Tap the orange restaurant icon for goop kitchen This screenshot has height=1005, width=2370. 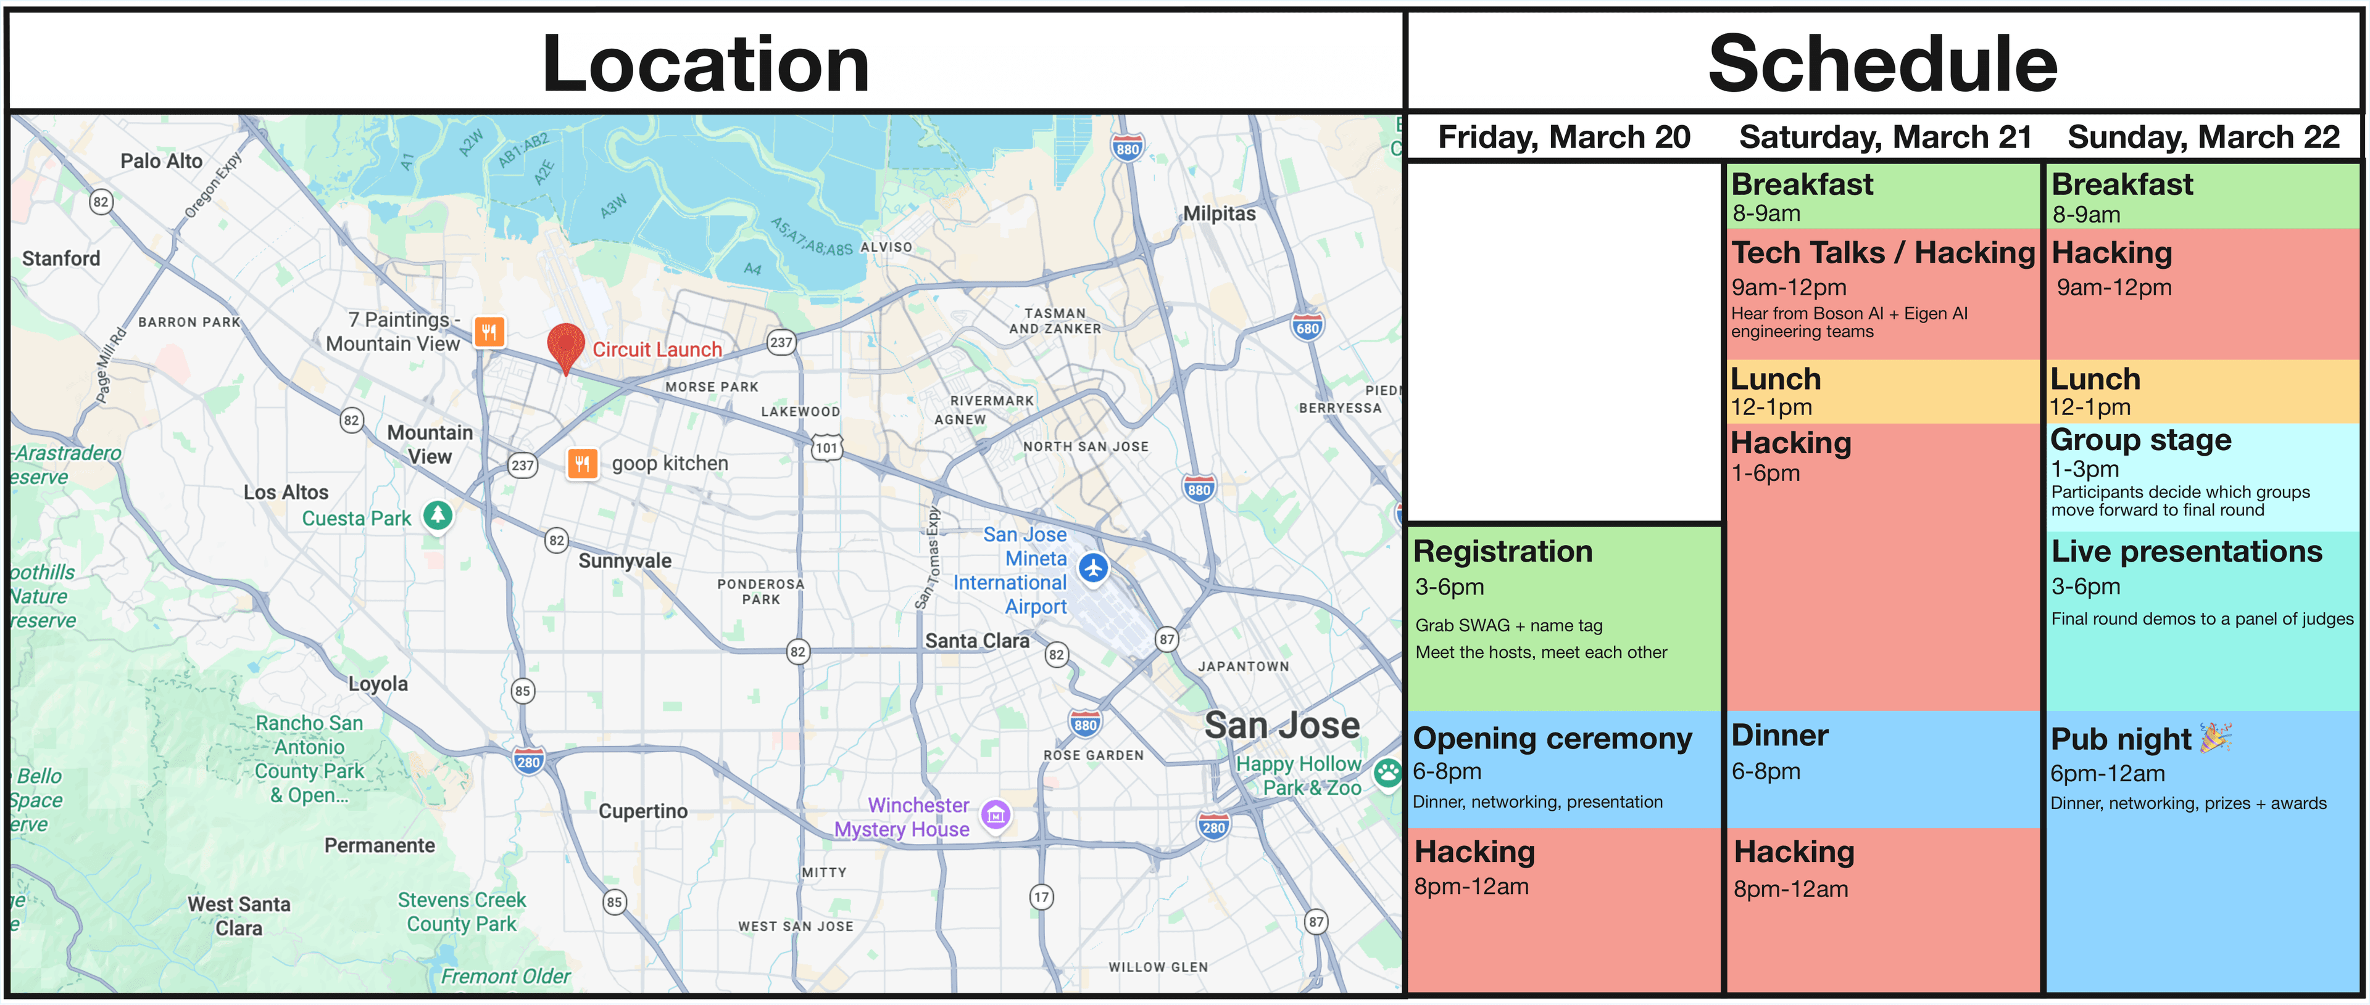(x=581, y=464)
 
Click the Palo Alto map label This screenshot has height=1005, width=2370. (x=161, y=161)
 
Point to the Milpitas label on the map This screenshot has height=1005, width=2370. (x=1218, y=213)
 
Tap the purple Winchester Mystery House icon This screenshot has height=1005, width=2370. (x=996, y=814)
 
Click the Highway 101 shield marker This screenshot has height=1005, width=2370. (x=826, y=448)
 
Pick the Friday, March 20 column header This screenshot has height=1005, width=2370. (x=1563, y=137)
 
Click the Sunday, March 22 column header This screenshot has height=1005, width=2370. (x=2203, y=137)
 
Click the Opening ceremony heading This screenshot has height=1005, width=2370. (x=1552, y=739)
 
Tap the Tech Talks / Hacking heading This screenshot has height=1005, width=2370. (x=1882, y=252)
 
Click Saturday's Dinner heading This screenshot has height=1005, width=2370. (x=1779, y=736)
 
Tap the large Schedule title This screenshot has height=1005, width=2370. (x=1882, y=62)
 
